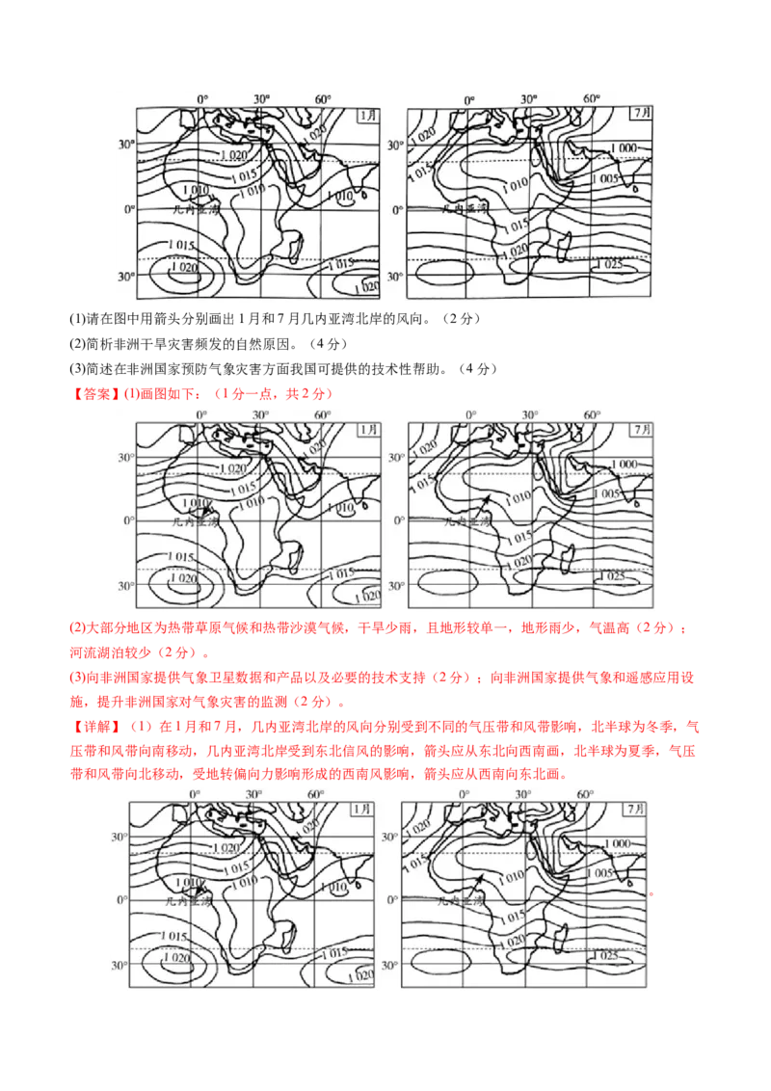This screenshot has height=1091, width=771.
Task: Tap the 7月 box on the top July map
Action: [x=641, y=113]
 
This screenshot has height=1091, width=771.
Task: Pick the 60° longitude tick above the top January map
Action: [x=322, y=99]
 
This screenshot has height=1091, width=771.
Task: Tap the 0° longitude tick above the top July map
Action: [x=469, y=99]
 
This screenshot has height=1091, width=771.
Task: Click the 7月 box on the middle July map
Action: [x=641, y=427]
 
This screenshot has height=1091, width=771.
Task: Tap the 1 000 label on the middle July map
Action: [x=624, y=464]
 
